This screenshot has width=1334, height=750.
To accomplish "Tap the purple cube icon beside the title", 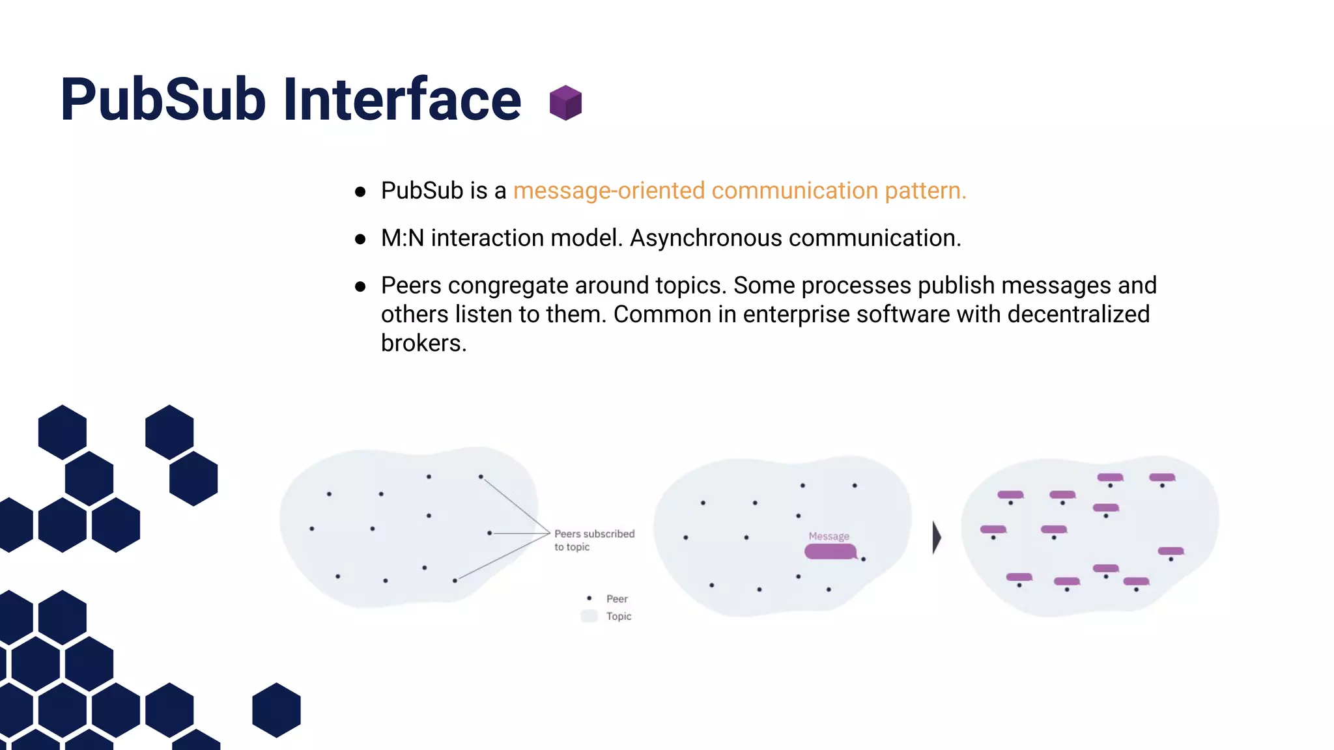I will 565,103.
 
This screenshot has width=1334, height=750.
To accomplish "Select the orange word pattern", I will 925,191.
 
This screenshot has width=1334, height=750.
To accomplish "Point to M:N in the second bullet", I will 402,238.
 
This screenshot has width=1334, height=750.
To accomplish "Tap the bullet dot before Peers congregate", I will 360,286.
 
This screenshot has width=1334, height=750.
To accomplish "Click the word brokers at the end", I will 423,343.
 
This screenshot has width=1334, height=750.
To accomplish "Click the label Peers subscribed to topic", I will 593,540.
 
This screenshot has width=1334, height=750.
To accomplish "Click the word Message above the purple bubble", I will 829,536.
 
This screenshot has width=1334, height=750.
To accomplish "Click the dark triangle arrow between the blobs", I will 937,538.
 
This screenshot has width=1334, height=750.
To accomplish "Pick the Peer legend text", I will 617,599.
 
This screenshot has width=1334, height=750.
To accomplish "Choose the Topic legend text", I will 619,616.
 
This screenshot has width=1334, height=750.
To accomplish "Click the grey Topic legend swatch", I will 589,616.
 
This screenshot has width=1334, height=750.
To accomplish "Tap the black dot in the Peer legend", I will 589,598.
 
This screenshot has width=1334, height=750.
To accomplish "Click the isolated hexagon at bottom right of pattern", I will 276,710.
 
